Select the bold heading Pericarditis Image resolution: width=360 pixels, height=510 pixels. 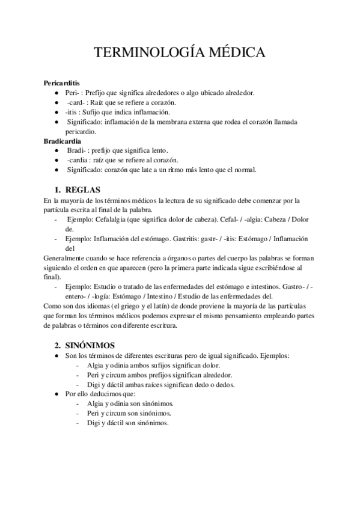coord(63,83)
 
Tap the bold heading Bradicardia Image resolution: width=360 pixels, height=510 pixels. coord(63,141)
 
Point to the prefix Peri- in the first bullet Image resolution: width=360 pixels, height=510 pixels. coord(72,93)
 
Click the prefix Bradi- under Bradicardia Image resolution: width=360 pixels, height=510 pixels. coord(76,150)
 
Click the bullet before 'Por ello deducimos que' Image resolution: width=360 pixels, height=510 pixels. coord(56,394)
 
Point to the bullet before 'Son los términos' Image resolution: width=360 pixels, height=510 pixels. coord(56,355)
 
